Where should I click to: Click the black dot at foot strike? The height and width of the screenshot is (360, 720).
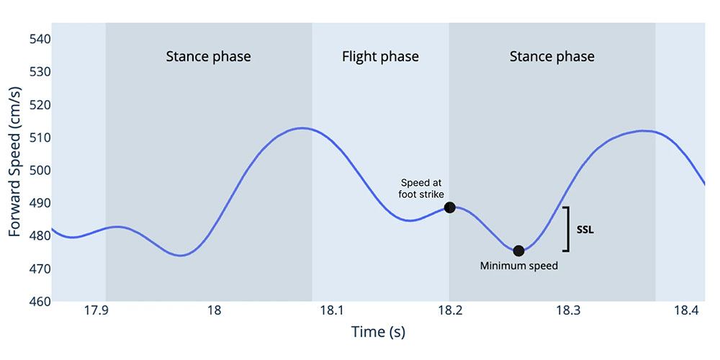pyautogui.click(x=450, y=207)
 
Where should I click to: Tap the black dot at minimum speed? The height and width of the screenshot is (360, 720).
pyautogui.click(x=518, y=251)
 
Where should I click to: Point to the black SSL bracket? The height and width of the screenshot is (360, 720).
pyautogui.click(x=567, y=230)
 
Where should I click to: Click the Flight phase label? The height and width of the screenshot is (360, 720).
pyautogui.click(x=380, y=56)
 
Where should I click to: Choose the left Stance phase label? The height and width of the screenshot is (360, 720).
pyautogui.click(x=208, y=56)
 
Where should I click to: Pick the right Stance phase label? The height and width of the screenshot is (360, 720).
pyautogui.click(x=552, y=56)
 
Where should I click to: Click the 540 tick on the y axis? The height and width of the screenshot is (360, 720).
pyautogui.click(x=37, y=39)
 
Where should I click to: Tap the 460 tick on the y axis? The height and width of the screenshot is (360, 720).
pyautogui.click(x=37, y=301)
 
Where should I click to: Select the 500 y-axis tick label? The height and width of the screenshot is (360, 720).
pyautogui.click(x=37, y=170)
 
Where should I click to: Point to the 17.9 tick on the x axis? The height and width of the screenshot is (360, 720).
pyautogui.click(x=96, y=311)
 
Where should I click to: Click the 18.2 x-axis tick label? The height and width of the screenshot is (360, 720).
pyautogui.click(x=449, y=311)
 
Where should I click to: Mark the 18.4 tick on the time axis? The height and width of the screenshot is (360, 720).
pyautogui.click(x=685, y=311)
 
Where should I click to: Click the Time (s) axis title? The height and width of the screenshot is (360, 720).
pyautogui.click(x=377, y=332)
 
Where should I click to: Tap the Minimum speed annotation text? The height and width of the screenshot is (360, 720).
pyautogui.click(x=518, y=266)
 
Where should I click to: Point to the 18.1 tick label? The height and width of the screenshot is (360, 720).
pyautogui.click(x=331, y=311)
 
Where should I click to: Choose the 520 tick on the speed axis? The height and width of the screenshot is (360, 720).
pyautogui.click(x=37, y=104)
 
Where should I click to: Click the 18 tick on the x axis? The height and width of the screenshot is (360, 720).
pyautogui.click(x=214, y=311)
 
